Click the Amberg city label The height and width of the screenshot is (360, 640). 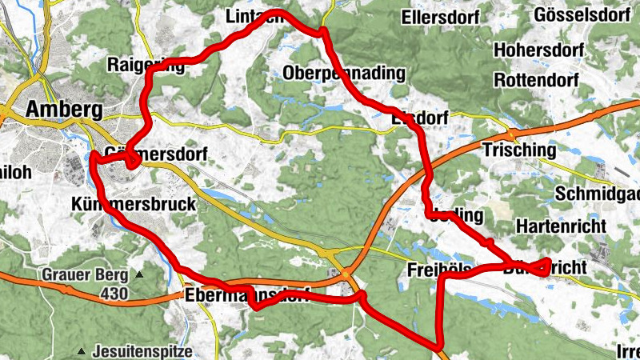coord(64,109)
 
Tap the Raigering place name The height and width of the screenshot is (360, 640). coord(145,66)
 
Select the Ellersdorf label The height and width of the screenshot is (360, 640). coord(440,16)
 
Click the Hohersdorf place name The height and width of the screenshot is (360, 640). coord(541,50)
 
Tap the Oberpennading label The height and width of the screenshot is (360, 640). coord(344,74)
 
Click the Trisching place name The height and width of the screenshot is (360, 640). coord(518,150)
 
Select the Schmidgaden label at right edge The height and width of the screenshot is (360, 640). coord(597,194)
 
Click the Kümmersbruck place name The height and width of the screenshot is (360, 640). coord(133,204)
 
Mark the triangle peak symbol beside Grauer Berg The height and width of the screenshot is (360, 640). coord(139,276)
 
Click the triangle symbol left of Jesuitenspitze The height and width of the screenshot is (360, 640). coord(82,351)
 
